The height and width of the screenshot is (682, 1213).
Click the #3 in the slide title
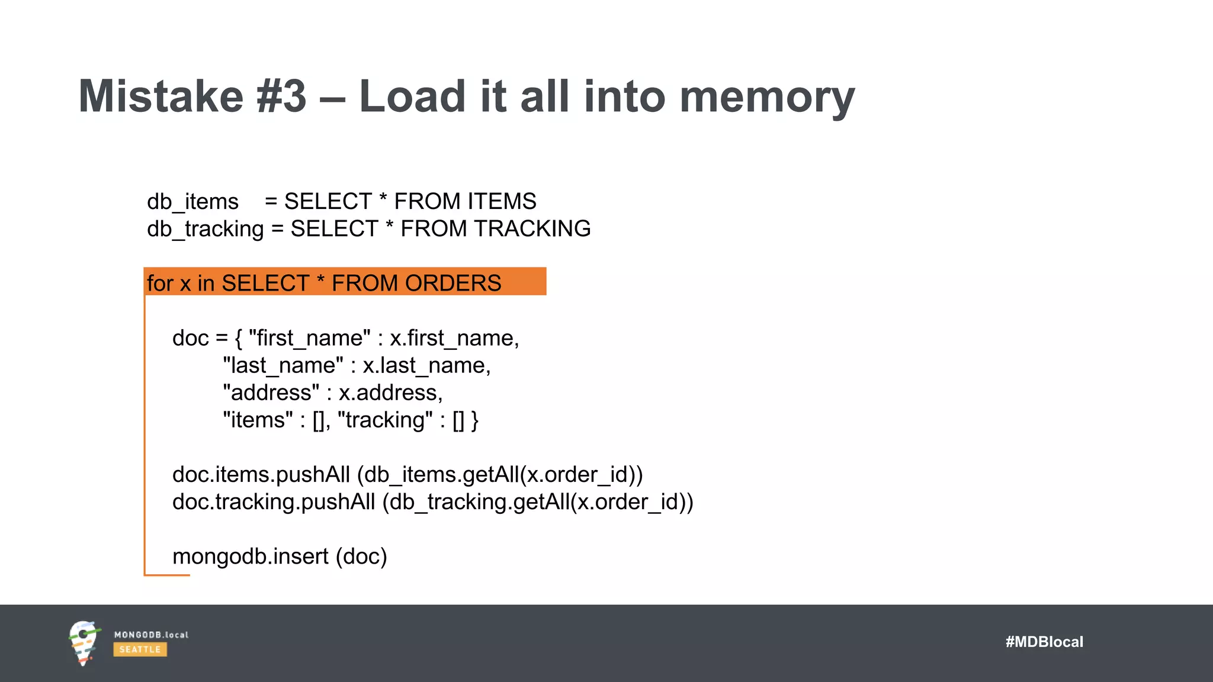pyautogui.click(x=281, y=96)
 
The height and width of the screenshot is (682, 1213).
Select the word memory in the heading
pyautogui.click(x=767, y=98)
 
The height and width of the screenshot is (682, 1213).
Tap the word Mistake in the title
pyautogui.click(x=161, y=96)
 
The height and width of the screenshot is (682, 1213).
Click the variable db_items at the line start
pyautogui.click(x=192, y=202)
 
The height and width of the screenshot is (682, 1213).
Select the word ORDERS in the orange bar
pyautogui.click(x=453, y=284)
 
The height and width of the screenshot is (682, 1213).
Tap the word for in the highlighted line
pyautogui.click(x=160, y=284)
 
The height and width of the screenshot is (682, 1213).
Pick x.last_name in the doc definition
pyautogui.click(x=426, y=366)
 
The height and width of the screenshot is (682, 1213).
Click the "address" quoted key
pyautogui.click(x=271, y=393)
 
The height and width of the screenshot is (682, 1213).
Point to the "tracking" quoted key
pyautogui.click(x=384, y=420)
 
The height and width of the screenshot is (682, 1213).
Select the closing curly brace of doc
pyautogui.click(x=475, y=420)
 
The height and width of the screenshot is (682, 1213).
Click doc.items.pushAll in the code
pyautogui.click(x=261, y=475)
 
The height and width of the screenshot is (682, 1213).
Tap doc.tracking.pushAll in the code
pyautogui.click(x=274, y=502)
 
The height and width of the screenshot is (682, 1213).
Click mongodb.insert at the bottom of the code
pyautogui.click(x=250, y=556)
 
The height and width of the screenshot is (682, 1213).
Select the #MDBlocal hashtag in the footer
pyautogui.click(x=1044, y=642)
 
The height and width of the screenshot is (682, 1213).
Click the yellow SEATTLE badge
pyautogui.click(x=140, y=649)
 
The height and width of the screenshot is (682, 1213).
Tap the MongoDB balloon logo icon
pyautogui.click(x=84, y=642)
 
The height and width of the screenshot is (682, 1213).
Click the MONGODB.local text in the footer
pyautogui.click(x=151, y=635)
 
